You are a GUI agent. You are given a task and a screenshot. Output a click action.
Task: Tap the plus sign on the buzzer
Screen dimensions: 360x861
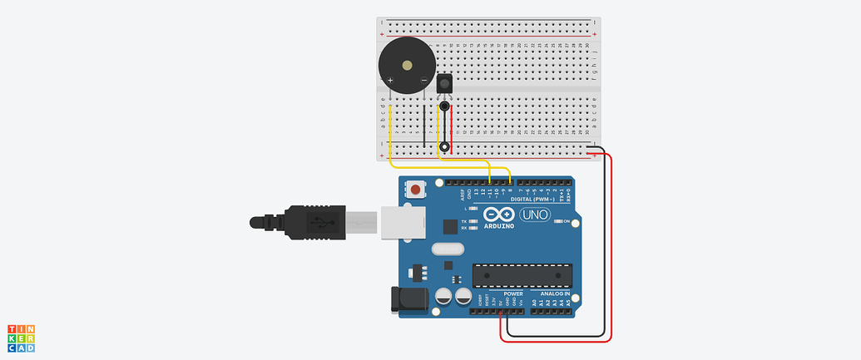coord(390,80)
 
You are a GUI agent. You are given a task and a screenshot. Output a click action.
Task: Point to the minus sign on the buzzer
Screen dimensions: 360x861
coord(423,80)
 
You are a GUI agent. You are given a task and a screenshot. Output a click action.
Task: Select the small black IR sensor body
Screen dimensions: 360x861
coord(444,85)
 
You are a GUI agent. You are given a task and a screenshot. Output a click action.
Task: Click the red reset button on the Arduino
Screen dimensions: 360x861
coord(415,190)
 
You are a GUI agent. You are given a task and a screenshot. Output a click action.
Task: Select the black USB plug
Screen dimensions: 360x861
coord(299,222)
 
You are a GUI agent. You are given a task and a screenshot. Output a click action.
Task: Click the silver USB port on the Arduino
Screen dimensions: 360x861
coord(403,222)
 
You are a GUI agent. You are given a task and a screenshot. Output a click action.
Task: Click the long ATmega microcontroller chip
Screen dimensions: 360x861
coord(522,274)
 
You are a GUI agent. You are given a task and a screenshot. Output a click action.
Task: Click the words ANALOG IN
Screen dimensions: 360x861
coord(555,294)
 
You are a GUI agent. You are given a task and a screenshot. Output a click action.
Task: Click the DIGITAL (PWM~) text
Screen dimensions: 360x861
coord(532,200)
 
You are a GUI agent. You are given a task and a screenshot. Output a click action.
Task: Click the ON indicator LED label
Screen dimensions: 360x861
coord(567,221)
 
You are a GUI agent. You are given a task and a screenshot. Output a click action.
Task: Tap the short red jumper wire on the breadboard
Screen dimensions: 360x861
coord(453,133)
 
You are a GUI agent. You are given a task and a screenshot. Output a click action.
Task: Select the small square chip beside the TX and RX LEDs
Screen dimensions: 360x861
coord(450,225)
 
